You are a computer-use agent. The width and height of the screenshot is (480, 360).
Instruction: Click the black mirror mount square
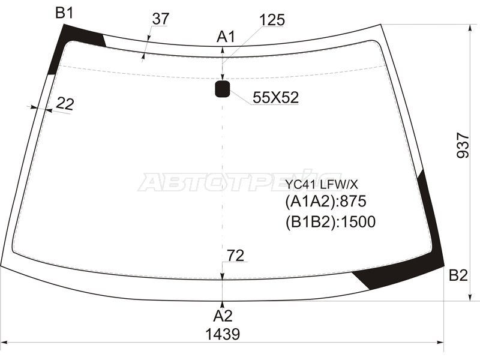(x=222, y=89)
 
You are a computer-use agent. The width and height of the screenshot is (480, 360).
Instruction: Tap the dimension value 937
(x=463, y=145)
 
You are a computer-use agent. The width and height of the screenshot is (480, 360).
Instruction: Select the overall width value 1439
(x=223, y=334)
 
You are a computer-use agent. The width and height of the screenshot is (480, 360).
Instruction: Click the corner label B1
(x=64, y=13)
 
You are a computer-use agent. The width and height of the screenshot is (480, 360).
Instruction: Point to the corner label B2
(x=458, y=275)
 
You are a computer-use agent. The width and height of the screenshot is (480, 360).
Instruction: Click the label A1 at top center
(x=226, y=37)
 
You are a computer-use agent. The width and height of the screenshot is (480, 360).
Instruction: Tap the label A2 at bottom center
(x=223, y=316)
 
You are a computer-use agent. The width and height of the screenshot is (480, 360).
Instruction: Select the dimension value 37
(x=160, y=19)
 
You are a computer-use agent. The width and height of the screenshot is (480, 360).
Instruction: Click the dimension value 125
(x=272, y=20)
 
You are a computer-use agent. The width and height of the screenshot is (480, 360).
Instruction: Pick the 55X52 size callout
(x=275, y=98)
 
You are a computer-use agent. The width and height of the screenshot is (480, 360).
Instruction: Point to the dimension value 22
(x=65, y=104)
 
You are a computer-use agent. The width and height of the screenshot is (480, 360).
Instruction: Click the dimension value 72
(x=235, y=256)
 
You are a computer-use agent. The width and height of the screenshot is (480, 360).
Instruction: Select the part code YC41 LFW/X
(x=322, y=185)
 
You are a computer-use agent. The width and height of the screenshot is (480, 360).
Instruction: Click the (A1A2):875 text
(x=326, y=202)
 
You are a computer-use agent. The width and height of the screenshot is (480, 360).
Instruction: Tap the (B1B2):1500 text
(x=331, y=222)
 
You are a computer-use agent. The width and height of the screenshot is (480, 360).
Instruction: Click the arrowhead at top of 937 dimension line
(x=470, y=28)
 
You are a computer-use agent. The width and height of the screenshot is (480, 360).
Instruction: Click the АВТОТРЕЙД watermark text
(x=239, y=182)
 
